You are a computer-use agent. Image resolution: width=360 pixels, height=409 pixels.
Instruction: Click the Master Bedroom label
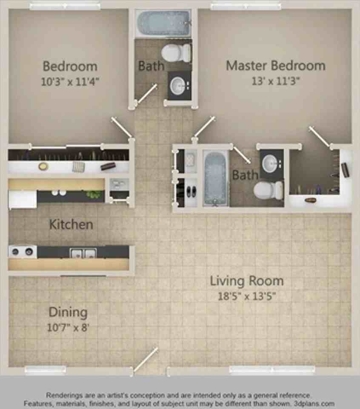coord(275,66)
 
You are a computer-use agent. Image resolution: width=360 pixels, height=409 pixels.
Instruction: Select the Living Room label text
coord(246,281)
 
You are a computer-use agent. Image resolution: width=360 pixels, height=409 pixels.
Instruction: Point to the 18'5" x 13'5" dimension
coord(246,297)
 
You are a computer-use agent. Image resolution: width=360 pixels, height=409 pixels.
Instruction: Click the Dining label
coord(68,312)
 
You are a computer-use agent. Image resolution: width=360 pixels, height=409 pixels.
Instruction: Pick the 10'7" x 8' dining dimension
coord(68,328)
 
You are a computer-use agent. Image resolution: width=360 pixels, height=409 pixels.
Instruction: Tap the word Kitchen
coord(71,224)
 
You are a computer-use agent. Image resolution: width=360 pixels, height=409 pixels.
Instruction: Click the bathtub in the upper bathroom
coord(163,23)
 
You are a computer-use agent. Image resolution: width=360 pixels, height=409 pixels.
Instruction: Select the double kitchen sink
coord(83,253)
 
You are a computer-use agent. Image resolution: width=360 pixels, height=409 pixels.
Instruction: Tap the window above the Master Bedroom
coord(246,6)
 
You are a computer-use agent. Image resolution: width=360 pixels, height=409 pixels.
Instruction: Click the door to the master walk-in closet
coord(319,137)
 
